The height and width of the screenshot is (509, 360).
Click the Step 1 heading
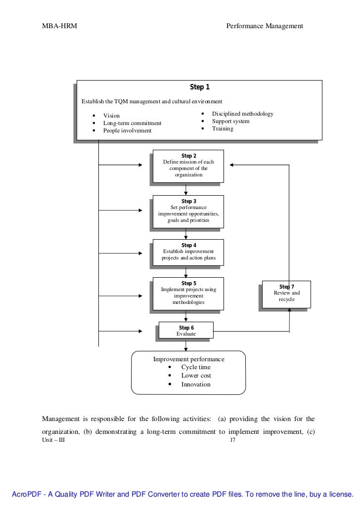200,87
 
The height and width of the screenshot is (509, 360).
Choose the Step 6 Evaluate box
186,331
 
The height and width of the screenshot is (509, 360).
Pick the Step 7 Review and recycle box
287,294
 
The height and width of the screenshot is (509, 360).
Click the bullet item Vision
111,116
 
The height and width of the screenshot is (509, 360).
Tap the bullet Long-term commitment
132,123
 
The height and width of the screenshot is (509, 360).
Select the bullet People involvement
127,131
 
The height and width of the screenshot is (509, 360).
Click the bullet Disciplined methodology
242,114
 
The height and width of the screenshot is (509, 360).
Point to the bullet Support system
230,122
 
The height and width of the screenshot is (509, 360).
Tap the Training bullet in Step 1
223,129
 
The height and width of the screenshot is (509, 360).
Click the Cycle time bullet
196,368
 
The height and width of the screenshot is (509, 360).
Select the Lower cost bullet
196,376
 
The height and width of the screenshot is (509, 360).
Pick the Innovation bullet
196,384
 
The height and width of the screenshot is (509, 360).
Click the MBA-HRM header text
59,26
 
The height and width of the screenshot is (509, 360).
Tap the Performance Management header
265,26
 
